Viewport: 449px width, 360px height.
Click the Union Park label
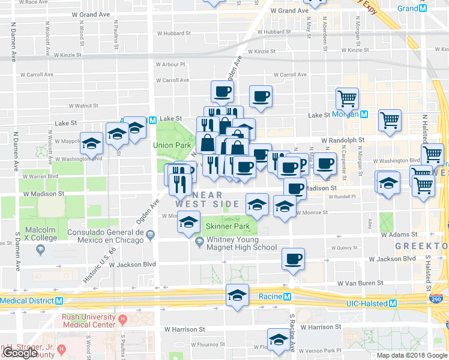point(171,145)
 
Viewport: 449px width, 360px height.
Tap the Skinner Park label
point(227,227)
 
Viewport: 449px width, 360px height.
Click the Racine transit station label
point(270,296)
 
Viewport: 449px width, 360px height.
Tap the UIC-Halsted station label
point(367,304)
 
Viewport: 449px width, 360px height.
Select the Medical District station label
point(26,301)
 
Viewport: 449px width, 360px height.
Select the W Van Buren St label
point(360,283)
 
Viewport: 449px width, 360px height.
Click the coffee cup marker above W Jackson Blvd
point(293,259)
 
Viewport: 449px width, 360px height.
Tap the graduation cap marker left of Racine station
point(237,296)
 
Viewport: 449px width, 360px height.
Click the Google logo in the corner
point(20,353)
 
